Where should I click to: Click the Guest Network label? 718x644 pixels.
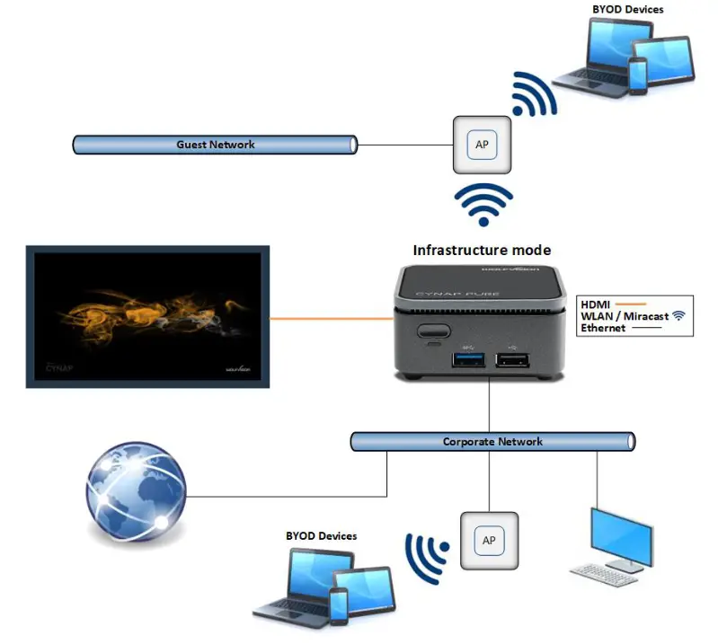pyautogui.click(x=215, y=144)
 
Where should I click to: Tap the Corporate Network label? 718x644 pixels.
pyautogui.click(x=492, y=442)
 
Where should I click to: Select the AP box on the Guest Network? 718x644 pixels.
pyautogui.click(x=482, y=145)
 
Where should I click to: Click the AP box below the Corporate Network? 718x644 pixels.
pyautogui.click(x=489, y=541)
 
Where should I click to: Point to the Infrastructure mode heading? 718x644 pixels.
pyautogui.click(x=482, y=250)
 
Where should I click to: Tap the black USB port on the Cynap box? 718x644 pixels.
pyautogui.click(x=511, y=360)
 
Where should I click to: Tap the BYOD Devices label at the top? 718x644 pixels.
pyautogui.click(x=627, y=10)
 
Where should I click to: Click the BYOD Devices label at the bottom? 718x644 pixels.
pyautogui.click(x=321, y=536)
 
